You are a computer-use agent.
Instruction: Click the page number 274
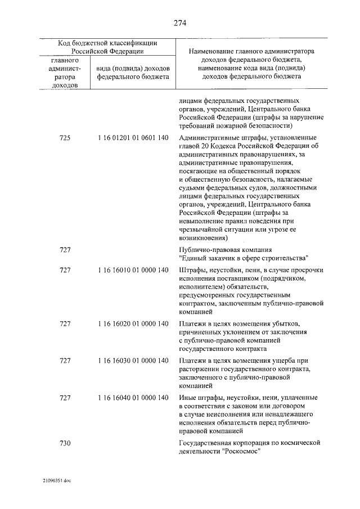179,23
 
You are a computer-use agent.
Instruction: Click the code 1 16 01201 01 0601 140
133,138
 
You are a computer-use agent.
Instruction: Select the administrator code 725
65,138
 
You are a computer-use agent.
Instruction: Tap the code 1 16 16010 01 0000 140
133,271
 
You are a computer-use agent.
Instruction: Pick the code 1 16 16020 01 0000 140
133,325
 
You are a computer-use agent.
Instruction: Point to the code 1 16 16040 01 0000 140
133,398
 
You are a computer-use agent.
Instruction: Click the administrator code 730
65,443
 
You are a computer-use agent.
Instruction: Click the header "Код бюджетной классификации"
107,43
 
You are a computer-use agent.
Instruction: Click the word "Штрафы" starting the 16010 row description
192,271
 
